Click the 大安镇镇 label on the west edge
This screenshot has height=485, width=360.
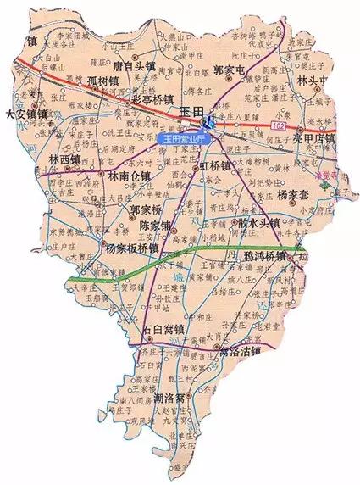tap(26, 113)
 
